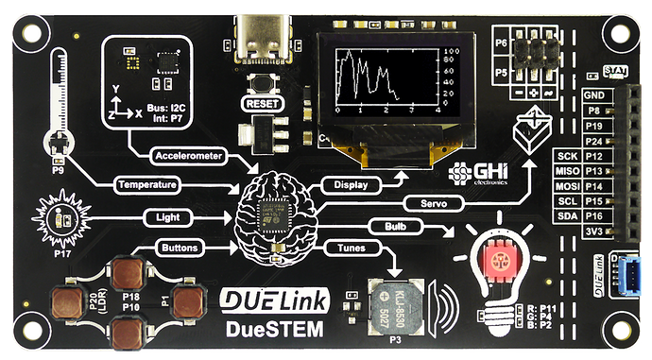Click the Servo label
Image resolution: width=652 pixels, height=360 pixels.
(x=424, y=203)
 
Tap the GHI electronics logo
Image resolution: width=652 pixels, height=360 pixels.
(x=477, y=175)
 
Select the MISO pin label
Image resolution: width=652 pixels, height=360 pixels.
(x=568, y=170)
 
